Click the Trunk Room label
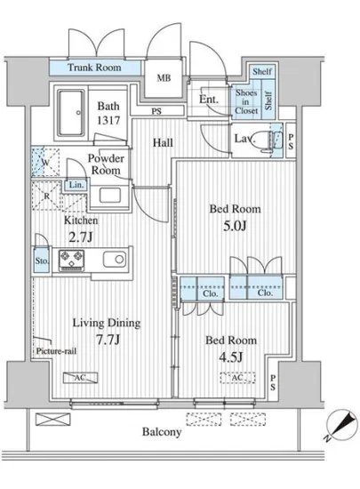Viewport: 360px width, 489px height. [94, 68]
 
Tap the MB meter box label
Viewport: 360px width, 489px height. [164, 78]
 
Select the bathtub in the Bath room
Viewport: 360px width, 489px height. [71, 113]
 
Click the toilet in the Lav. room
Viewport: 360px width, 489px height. [266, 141]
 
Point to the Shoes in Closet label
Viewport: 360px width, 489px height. [246, 101]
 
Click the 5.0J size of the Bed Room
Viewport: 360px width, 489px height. [235, 226]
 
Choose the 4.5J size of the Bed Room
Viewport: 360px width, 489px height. [230, 357]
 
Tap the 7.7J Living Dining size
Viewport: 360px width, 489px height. [108, 340]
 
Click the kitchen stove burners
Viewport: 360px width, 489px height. [71, 261]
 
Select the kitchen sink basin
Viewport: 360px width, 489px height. [115, 259]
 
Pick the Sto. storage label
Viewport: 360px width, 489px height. [42, 261]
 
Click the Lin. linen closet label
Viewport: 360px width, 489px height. [76, 185]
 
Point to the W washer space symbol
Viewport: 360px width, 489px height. [44, 162]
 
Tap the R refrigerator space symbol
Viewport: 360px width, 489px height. [46, 196]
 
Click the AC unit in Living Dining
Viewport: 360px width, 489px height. [80, 378]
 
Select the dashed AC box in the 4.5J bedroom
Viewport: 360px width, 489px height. [238, 378]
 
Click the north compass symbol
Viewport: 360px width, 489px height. [341, 425]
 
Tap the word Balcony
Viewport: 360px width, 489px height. [162, 432]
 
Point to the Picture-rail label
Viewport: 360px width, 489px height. [56, 351]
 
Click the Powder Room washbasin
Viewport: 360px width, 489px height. [110, 196]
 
